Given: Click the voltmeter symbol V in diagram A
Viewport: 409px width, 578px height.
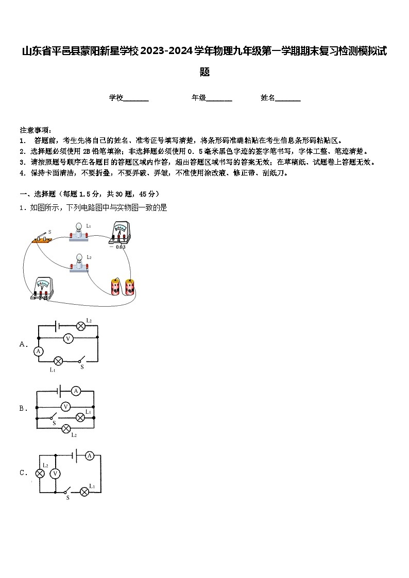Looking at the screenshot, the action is pyautogui.click(x=67, y=338).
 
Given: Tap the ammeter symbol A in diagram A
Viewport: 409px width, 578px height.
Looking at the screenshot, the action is pyautogui.click(x=38, y=351).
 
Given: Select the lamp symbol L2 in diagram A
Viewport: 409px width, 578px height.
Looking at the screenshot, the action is pyautogui.click(x=80, y=326).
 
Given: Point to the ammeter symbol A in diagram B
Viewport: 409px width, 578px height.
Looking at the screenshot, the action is pyautogui.click(x=76, y=391).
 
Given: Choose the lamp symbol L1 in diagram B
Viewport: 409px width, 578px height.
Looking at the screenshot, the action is pyautogui.click(x=80, y=417).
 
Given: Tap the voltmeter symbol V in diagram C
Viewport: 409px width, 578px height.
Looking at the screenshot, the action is pyautogui.click(x=56, y=474).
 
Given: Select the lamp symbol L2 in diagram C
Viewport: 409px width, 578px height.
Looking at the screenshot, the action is pyautogui.click(x=40, y=474).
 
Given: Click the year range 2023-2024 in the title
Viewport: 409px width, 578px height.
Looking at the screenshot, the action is pyautogui.click(x=164, y=51).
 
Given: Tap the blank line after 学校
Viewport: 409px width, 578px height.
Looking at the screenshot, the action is pyautogui.click(x=136, y=98).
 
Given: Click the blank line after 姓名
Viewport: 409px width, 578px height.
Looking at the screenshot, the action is pyautogui.click(x=288, y=98).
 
